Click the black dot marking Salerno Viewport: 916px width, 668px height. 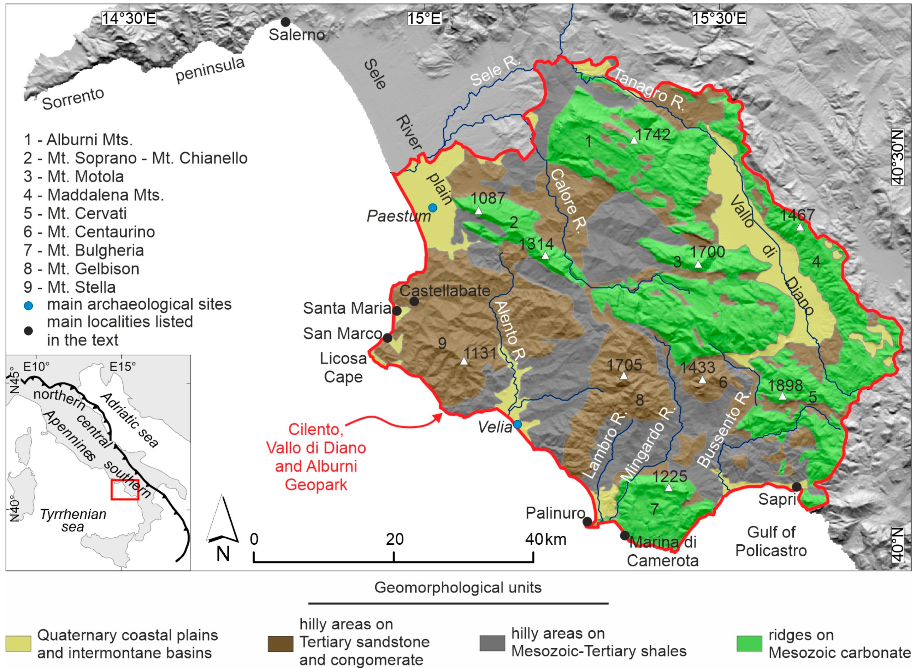point(285,22)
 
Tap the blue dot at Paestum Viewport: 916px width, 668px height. point(433,208)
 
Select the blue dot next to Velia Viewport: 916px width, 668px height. point(517,424)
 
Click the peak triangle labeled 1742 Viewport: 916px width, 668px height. point(634,140)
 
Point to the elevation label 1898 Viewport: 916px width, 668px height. point(785,385)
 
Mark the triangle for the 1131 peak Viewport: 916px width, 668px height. point(464,361)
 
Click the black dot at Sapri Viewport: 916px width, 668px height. point(796,487)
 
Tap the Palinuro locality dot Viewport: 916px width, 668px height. point(587,522)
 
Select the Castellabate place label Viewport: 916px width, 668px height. point(445,291)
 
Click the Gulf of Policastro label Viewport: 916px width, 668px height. point(771,542)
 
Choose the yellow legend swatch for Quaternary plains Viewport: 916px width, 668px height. point(18,644)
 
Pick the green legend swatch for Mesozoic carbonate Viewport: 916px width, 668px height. point(749,643)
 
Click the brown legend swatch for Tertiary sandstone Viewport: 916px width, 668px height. point(280,644)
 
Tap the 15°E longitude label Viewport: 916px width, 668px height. point(424,19)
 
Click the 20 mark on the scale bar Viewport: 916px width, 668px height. point(394,539)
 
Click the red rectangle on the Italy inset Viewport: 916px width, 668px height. point(125,490)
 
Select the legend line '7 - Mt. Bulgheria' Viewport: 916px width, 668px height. point(83,250)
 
